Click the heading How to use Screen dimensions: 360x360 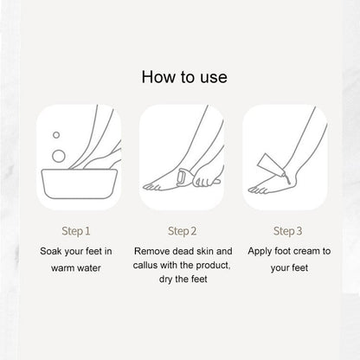pyautogui.click(x=184, y=77)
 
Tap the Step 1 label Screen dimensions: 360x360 pyautogui.click(x=76, y=231)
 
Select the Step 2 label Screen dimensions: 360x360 pyautogui.click(x=182, y=231)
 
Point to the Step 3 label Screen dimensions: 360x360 pyautogui.click(x=287, y=231)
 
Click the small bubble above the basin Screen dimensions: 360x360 pyautogui.click(x=56, y=135)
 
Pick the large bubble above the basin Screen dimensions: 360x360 pyautogui.click(x=59, y=156)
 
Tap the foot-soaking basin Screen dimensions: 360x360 pyautogui.click(x=80, y=183)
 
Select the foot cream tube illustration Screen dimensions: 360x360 pyautogui.click(x=271, y=166)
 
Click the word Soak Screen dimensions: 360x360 pyautogui.click(x=51, y=251)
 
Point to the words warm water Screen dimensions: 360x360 pyautogui.click(x=76, y=268)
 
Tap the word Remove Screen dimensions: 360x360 pyautogui.click(x=151, y=251)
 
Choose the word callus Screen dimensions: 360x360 pyautogui.click(x=145, y=265)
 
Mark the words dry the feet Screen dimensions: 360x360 pyautogui.click(x=183, y=280)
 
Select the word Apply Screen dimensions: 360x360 pyautogui.click(x=260, y=251)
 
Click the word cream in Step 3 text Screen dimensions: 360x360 pyautogui.click(x=305, y=251)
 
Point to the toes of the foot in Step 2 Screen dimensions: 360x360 pyautogui.click(x=151, y=187)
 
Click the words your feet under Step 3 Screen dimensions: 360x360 pyautogui.click(x=289, y=268)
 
